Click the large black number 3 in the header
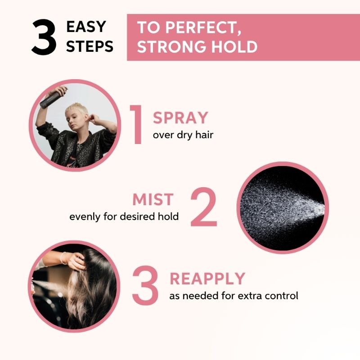click(x=44, y=37)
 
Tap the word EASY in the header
click(x=86, y=27)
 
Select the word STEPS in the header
click(x=90, y=46)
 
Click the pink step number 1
click(x=136, y=125)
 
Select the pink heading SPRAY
click(x=180, y=118)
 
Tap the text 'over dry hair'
click(x=183, y=135)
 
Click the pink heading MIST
click(x=153, y=199)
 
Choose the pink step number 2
click(x=204, y=207)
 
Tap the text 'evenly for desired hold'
click(x=124, y=216)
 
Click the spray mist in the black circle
click(x=283, y=208)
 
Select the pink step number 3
click(x=145, y=285)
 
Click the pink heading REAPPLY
click(x=207, y=279)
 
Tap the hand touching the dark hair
click(x=74, y=260)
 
